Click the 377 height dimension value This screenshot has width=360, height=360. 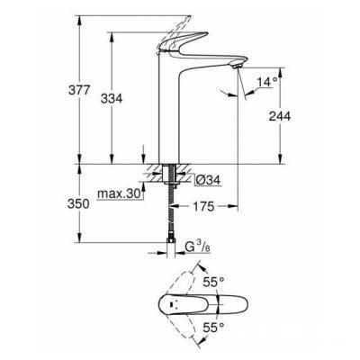coord(79,90)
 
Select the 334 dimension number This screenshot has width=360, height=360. coord(112,98)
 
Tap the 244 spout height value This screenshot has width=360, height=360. coord(280,116)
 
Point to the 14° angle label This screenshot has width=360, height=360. coord(268,82)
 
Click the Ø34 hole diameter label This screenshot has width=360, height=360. coord(208,180)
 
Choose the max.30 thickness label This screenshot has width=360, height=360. coord(119,194)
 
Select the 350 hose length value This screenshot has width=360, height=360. coord(78,203)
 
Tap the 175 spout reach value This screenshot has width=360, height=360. coord(203,206)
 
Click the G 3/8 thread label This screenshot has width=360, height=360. coord(197,247)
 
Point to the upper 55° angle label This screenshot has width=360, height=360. coord(213,282)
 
